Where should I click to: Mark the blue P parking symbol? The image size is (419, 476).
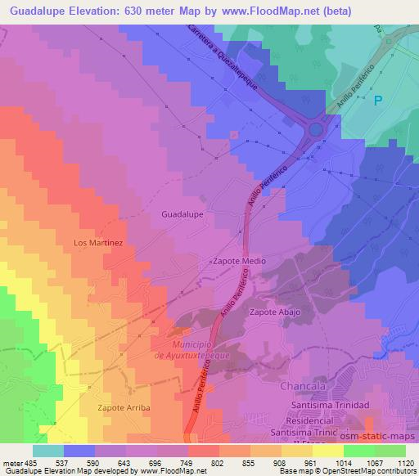click(377, 101)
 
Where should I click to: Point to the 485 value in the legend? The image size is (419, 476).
click(29, 464)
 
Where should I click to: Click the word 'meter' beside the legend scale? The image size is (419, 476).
click(11, 464)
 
